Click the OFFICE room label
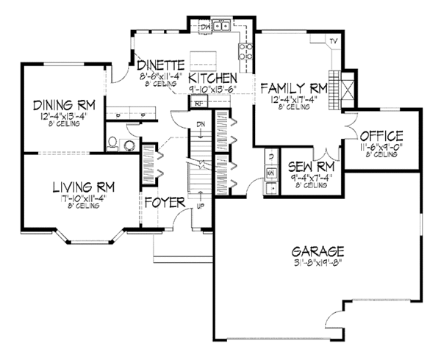[381, 136]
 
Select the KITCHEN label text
[212, 78]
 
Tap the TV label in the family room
[333, 40]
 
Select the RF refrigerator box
[198, 104]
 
